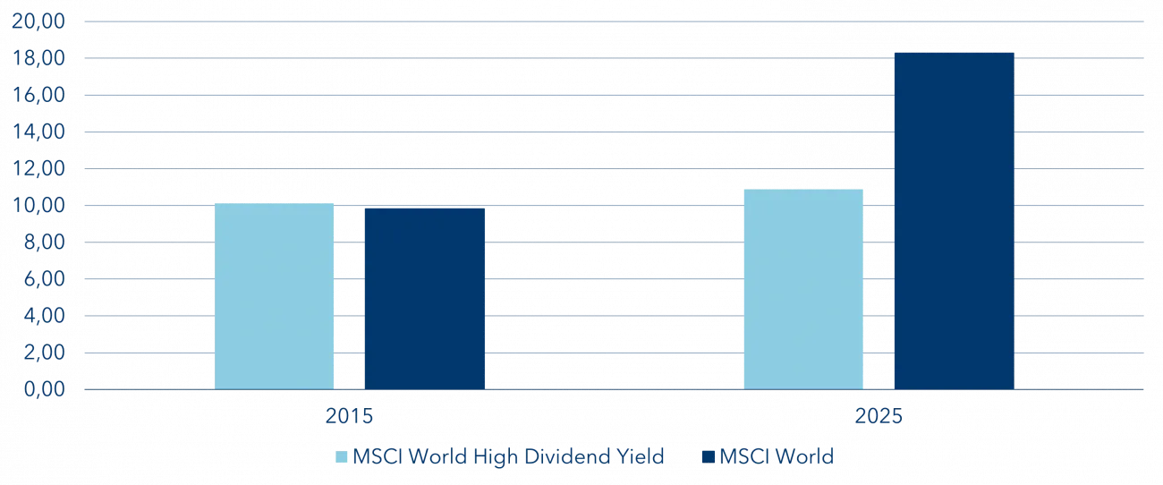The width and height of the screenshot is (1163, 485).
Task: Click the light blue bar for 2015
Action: (x=276, y=295)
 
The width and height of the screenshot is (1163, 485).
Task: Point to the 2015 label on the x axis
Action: (x=350, y=417)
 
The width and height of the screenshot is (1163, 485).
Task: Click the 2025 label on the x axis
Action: (x=878, y=417)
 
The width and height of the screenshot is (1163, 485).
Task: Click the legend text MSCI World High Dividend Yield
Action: (x=508, y=456)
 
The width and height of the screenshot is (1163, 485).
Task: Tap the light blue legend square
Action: (x=342, y=457)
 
